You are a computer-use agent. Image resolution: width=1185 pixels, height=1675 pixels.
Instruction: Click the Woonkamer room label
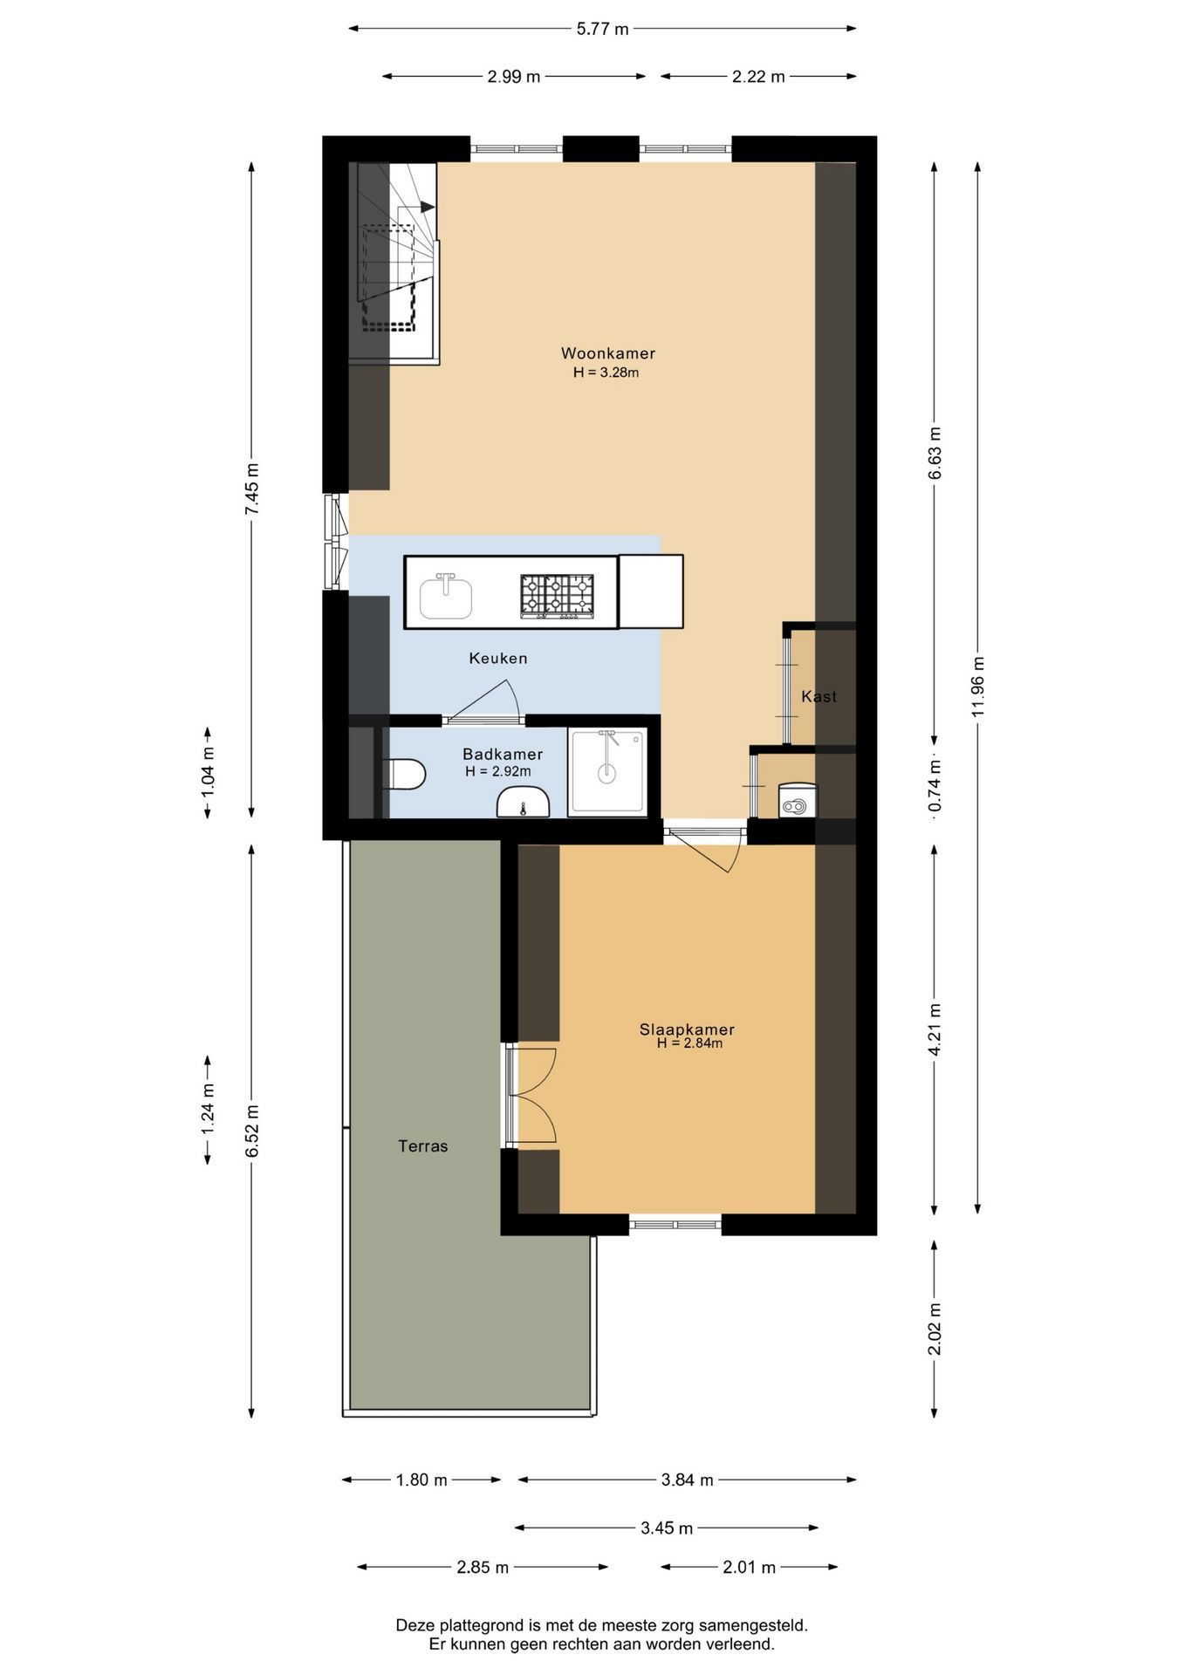[607, 353]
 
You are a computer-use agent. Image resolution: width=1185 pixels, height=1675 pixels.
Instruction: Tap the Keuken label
[498, 658]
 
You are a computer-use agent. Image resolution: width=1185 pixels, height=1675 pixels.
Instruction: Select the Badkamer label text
[503, 754]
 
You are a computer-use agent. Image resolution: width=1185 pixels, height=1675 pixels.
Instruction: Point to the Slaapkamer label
[687, 1029]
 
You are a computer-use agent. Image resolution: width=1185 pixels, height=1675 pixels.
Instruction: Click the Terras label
[423, 1146]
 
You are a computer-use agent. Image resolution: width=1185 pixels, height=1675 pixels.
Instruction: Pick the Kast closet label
[819, 696]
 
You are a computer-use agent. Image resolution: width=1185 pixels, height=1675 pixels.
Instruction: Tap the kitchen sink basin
[446, 598]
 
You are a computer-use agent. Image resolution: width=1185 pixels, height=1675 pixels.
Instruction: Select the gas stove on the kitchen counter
[557, 597]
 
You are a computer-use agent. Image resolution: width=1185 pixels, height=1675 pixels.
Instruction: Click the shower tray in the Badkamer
[608, 773]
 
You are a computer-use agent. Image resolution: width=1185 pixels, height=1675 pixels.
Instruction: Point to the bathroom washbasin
[523, 802]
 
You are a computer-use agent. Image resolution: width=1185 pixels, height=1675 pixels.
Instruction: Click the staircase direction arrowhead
[428, 207]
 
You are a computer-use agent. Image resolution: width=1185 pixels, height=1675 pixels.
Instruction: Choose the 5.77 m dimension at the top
[602, 29]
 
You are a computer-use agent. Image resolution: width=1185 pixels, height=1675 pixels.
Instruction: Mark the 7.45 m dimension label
[252, 489]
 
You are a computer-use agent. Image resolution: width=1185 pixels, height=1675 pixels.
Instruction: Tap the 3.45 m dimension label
[667, 1528]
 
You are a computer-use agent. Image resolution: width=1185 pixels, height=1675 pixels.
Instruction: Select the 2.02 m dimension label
[935, 1330]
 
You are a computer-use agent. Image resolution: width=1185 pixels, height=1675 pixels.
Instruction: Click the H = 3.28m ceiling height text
[606, 373]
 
